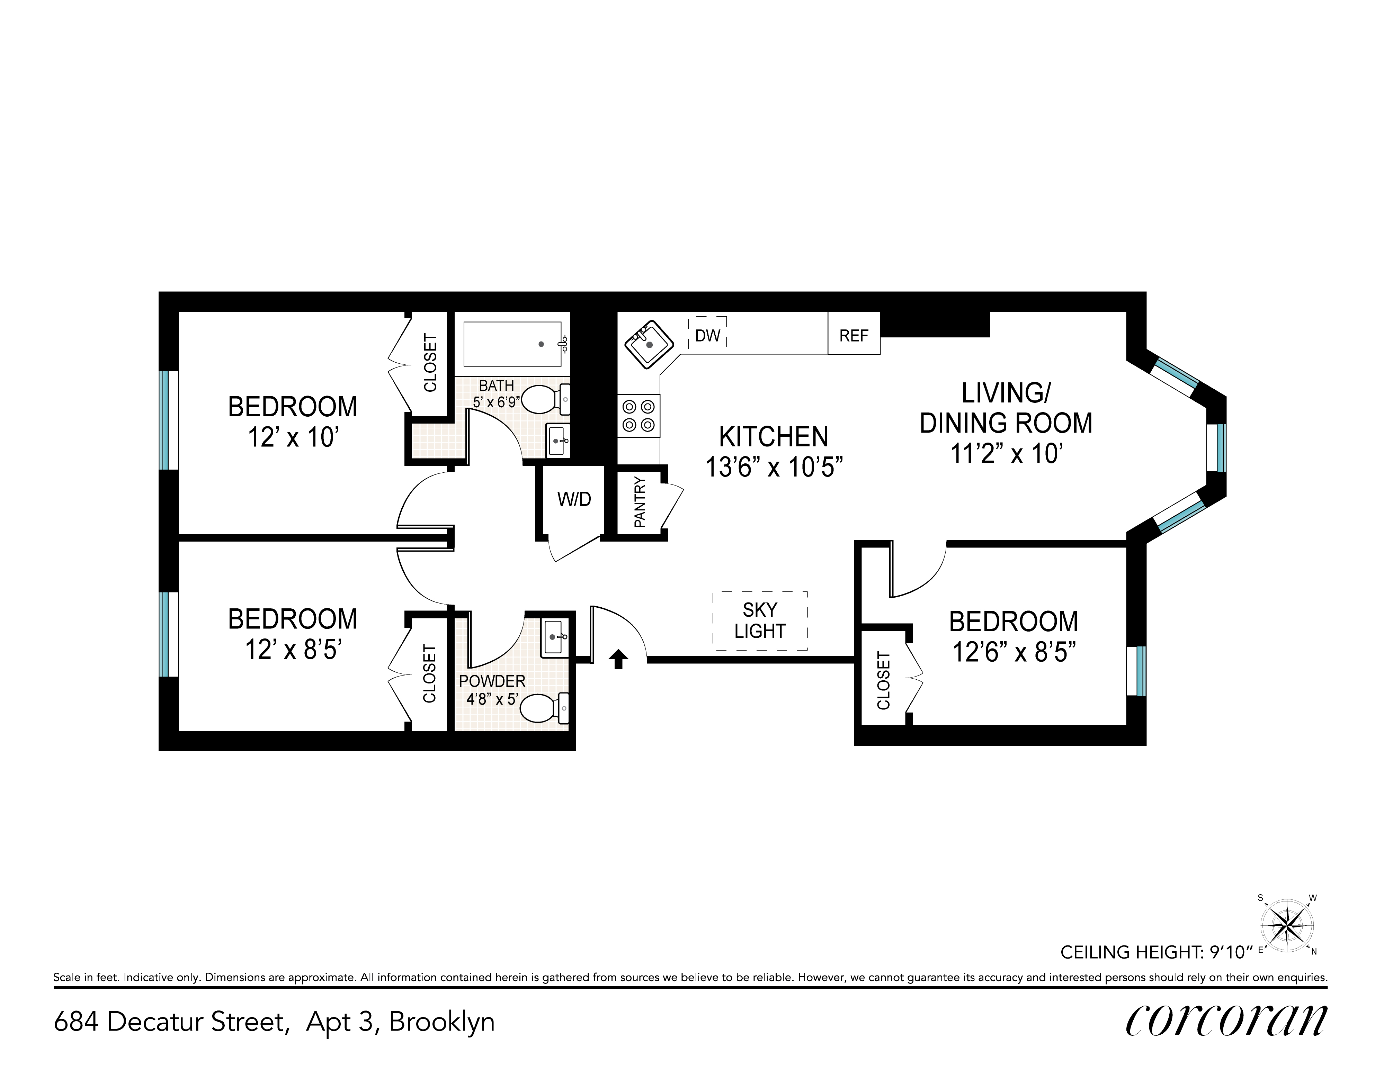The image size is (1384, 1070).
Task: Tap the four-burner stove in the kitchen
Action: coord(639,416)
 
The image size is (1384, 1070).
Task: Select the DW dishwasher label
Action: coord(707,336)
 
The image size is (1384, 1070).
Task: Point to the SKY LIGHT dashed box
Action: coord(760,621)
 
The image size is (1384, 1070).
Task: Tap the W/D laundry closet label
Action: coord(574,499)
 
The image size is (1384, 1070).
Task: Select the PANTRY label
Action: coord(640,502)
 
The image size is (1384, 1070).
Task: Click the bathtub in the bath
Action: coord(513,344)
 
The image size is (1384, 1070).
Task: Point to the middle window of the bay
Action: coord(1217,447)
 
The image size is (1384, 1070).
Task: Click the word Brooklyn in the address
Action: coord(442,1023)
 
